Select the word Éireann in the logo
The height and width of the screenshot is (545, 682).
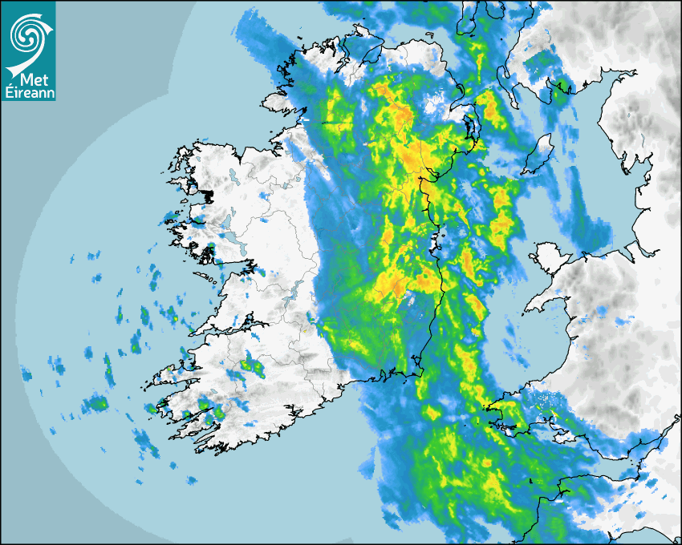[x=28, y=94]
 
